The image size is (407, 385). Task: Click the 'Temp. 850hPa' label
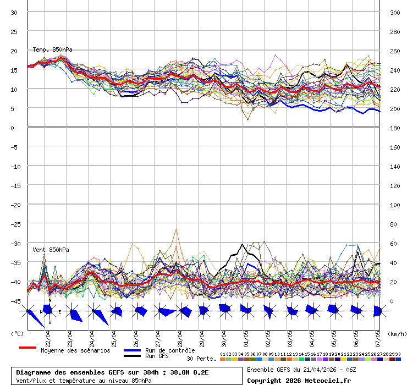pyautogui.click(x=52, y=50)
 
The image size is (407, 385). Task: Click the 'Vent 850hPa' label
pyautogui.click(x=51, y=250)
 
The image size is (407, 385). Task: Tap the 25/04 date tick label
pyautogui.click(x=113, y=336)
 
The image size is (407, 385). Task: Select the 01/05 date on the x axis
pyautogui.click(x=245, y=336)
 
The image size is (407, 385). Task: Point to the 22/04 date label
pyautogui.click(x=48, y=336)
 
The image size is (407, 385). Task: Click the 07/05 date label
pyautogui.click(x=377, y=336)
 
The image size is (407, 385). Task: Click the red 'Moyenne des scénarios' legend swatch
pyautogui.click(x=28, y=348)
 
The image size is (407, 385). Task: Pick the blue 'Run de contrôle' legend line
pyautogui.click(x=132, y=350)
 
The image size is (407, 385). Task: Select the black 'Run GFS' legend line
pyautogui.click(x=132, y=356)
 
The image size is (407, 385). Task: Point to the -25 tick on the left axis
pyautogui.click(x=15, y=224)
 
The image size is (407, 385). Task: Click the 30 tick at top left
pyautogui.click(x=14, y=13)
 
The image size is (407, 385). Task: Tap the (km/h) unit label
pyautogui.click(x=396, y=333)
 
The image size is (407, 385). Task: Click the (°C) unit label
pyautogui.click(x=17, y=333)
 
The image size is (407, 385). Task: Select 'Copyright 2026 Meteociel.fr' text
pyautogui.click(x=299, y=380)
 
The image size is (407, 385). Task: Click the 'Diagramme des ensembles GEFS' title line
pyautogui.click(x=112, y=372)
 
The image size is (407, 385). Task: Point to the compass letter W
pyautogui.click(x=41, y=312)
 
